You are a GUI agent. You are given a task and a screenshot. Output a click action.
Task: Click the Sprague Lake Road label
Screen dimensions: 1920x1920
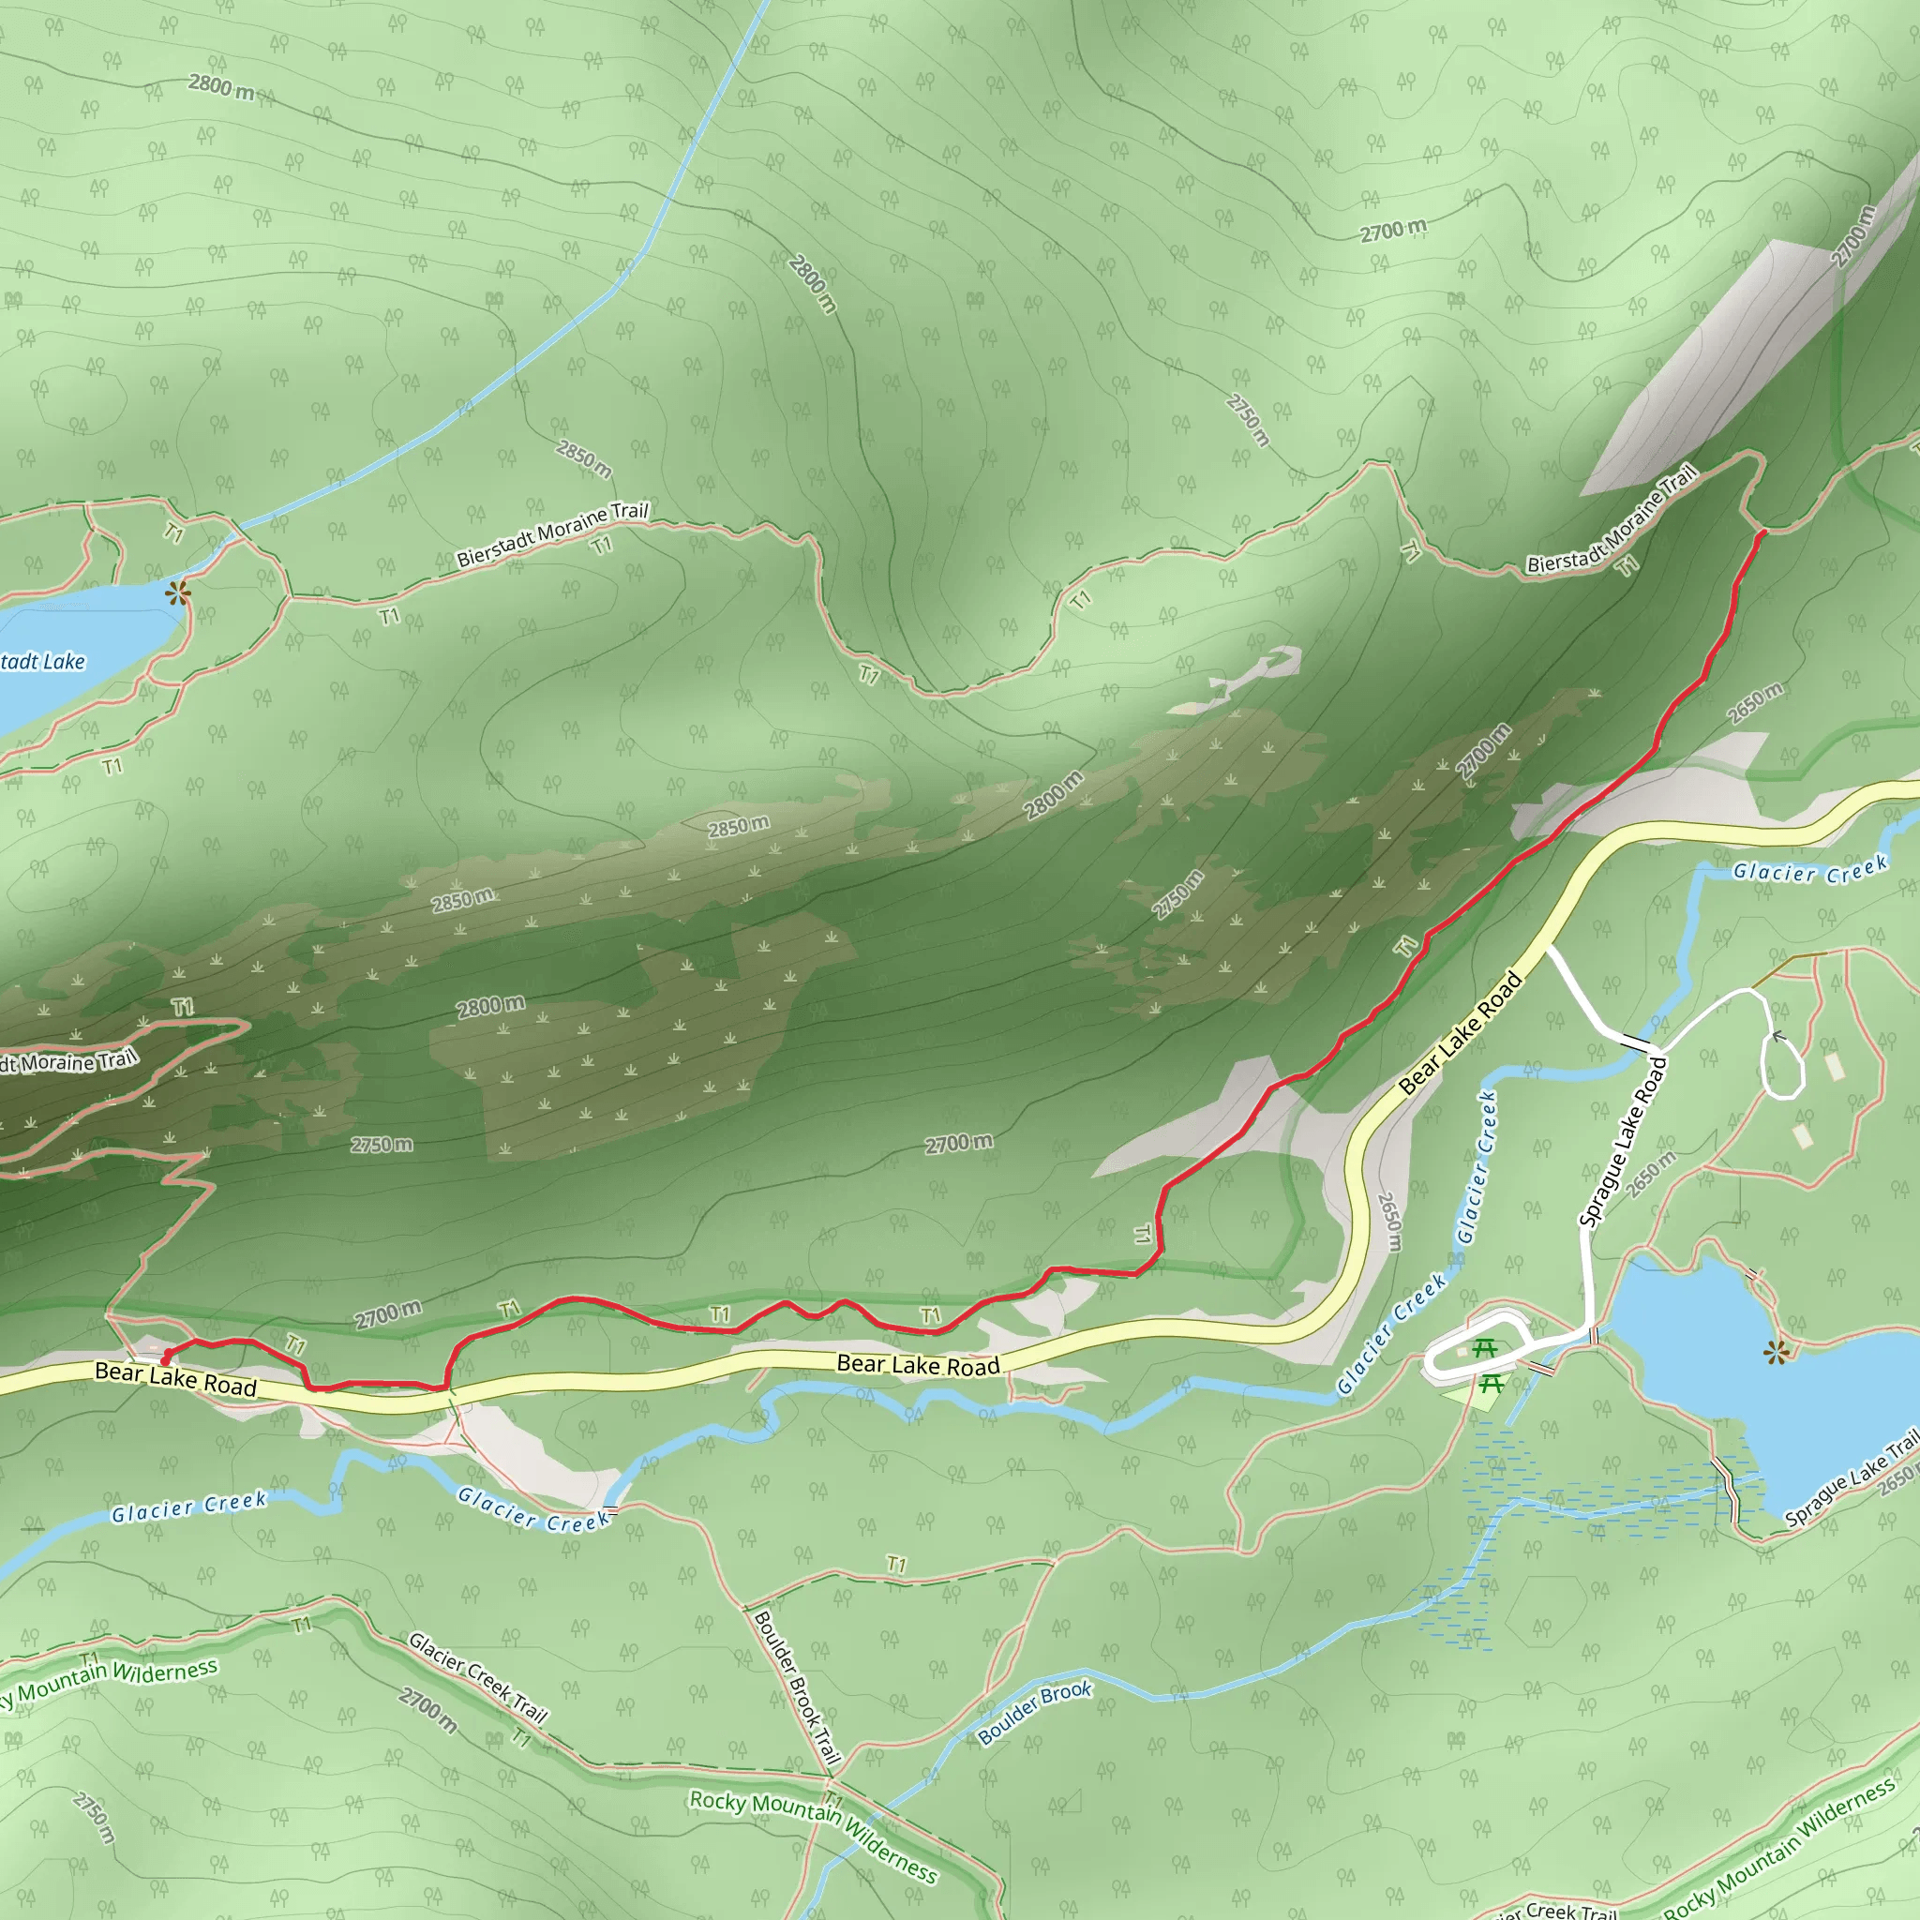click(1623, 1142)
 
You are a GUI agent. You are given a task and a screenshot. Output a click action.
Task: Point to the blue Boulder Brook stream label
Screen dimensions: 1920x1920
click(1035, 1712)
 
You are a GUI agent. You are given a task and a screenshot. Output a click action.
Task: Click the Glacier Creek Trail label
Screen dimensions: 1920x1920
click(478, 1675)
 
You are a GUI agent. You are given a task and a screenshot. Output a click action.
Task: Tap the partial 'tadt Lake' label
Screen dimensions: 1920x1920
click(42, 661)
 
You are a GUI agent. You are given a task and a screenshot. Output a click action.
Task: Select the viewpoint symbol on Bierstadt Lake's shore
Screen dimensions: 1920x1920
click(179, 594)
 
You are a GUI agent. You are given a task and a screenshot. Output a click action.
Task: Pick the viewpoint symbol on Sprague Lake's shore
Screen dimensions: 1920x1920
click(1775, 1352)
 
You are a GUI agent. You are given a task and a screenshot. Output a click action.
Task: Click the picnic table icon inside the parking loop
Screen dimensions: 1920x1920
click(1485, 1348)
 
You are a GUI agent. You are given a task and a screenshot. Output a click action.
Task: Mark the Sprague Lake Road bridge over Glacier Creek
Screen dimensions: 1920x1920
click(1635, 1042)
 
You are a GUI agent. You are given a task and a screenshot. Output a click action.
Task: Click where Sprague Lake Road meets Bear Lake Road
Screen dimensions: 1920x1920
click(1547, 948)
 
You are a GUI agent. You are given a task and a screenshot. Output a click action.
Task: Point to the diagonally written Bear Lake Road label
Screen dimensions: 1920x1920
click(1460, 1033)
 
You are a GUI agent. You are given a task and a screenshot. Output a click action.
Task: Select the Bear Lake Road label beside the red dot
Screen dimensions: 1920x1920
click(175, 1379)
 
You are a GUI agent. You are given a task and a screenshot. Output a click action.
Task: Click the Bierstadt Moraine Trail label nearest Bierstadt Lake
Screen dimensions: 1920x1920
click(551, 534)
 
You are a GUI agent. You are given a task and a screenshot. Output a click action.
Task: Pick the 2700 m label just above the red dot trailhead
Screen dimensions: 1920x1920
click(387, 1314)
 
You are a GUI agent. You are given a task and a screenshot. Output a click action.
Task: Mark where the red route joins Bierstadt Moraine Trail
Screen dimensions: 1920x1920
click(1762, 532)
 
